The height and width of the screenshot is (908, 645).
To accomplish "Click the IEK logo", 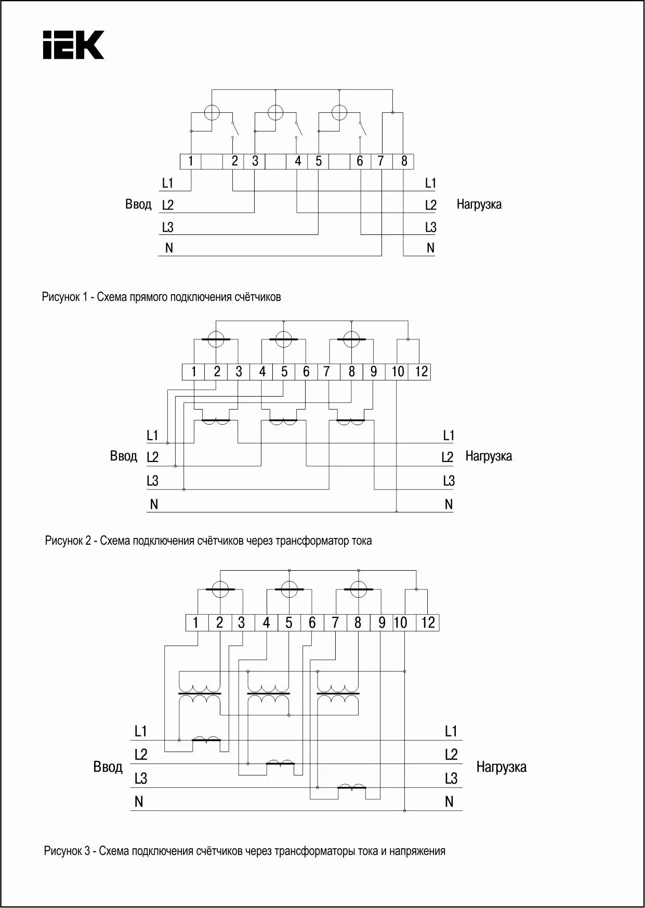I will click(x=73, y=45).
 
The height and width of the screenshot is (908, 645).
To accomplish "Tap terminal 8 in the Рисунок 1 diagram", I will click(x=404, y=161).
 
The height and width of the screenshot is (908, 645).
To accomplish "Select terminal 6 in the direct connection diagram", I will click(x=360, y=161).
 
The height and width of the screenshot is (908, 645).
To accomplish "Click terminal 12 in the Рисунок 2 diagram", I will click(x=422, y=372).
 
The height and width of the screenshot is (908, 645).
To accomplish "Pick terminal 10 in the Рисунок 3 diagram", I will click(x=400, y=623).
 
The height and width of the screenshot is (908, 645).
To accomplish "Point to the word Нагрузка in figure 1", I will click(x=479, y=204).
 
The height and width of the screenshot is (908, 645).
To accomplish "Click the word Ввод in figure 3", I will click(x=108, y=767).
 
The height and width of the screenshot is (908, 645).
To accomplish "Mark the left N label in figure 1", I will click(x=169, y=248).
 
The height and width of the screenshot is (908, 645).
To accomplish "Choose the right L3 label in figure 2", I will click(x=449, y=481).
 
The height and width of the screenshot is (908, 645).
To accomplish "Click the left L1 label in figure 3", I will click(x=141, y=731).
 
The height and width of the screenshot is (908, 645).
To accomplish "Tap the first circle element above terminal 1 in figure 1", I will click(x=212, y=113).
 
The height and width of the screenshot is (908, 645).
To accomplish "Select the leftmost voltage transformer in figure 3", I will click(x=200, y=693).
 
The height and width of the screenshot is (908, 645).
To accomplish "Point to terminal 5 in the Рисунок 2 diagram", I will click(x=284, y=372).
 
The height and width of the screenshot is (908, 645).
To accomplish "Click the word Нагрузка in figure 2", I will click(x=489, y=456).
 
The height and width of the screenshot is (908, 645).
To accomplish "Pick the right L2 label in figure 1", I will click(x=430, y=205).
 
